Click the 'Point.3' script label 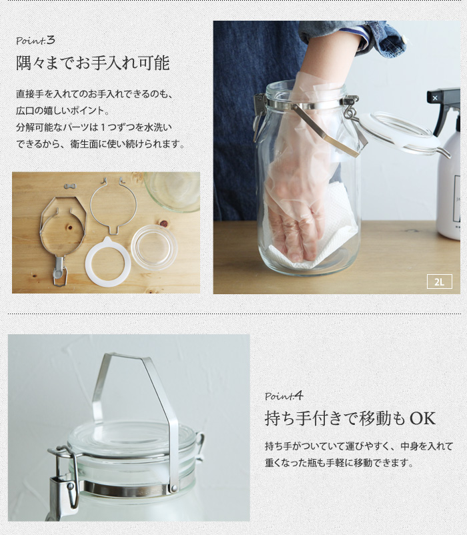35,41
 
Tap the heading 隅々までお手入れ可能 93,63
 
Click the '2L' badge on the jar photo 440,282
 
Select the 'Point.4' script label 284,396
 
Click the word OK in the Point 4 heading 422,419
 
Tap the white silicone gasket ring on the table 108,261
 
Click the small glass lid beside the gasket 154,247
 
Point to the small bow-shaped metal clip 70,186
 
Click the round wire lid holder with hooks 113,205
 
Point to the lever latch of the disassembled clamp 59,272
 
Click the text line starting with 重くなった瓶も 339,463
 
